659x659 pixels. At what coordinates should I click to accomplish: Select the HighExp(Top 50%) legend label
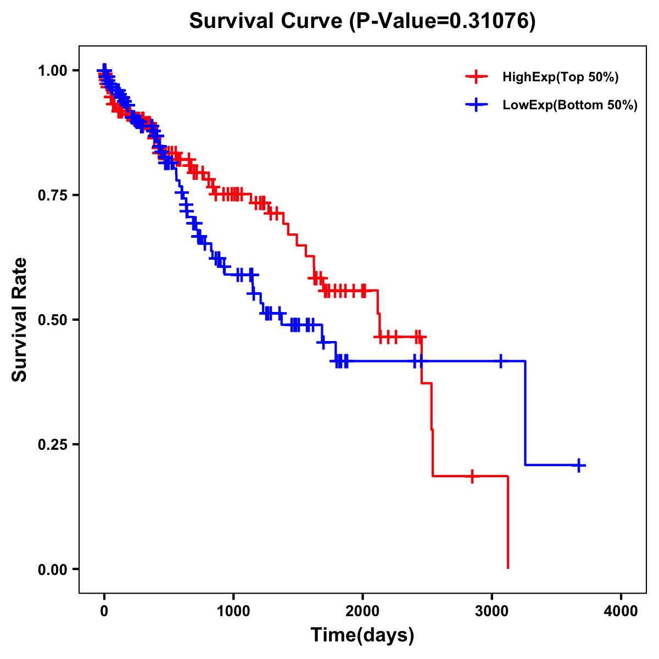click(560, 77)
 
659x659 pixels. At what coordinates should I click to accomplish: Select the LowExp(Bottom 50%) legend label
click(570, 105)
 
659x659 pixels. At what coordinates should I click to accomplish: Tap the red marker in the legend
click(476, 77)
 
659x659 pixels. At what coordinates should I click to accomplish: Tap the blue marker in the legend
click(476, 105)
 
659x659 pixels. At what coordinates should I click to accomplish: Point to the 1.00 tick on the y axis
click(52, 70)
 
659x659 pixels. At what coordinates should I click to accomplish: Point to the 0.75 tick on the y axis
click(52, 195)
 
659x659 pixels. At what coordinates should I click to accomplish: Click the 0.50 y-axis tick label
click(52, 320)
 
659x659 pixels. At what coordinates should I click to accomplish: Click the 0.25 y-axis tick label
click(52, 444)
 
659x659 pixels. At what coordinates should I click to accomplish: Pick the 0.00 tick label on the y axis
click(52, 569)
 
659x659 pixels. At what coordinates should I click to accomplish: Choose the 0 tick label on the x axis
click(104, 612)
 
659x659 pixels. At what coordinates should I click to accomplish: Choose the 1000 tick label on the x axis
click(233, 612)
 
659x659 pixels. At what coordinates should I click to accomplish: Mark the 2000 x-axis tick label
click(362, 612)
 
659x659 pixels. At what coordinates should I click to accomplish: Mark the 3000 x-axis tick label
click(492, 612)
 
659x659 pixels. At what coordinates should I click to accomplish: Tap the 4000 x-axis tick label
click(621, 612)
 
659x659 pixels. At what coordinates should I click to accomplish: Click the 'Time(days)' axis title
click(362, 635)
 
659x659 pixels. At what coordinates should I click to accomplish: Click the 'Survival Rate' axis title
click(20, 320)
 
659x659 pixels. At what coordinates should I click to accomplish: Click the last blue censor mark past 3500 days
click(578, 465)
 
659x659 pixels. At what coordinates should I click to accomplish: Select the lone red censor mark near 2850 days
click(472, 476)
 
